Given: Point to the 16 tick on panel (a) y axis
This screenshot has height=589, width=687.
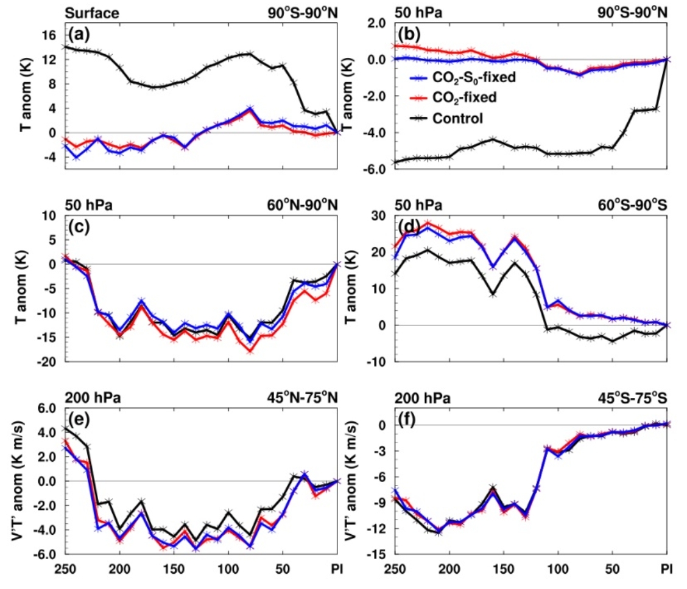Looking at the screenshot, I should pos(49,35).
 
